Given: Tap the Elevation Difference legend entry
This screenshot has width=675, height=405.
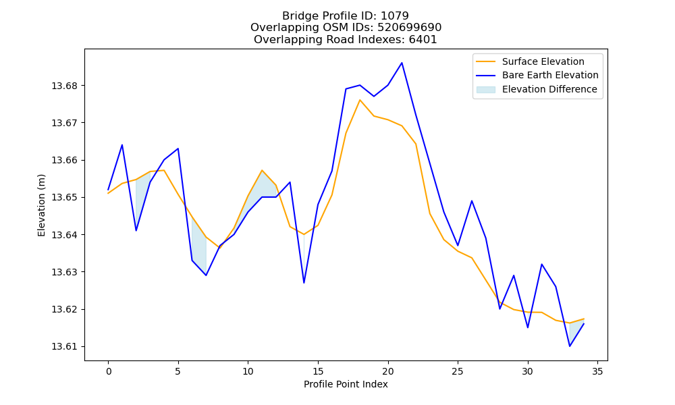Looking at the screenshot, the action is tap(537, 89).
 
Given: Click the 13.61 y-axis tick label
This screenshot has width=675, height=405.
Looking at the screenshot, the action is tap(65, 346).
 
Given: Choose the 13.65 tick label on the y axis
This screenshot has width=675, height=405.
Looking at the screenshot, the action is tap(65, 198).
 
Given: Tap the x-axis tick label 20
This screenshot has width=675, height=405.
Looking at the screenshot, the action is tap(388, 371).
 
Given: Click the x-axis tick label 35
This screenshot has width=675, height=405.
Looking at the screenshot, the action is tap(597, 371).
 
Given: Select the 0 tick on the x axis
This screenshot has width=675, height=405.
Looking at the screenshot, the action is tap(109, 371).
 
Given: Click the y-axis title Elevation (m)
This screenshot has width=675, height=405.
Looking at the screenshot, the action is tap(41, 205).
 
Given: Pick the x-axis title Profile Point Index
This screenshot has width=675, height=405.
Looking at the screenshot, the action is tap(346, 384).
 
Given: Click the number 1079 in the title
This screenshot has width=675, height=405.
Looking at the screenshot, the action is tap(395, 16).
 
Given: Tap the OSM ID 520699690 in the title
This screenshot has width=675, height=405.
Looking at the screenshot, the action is tap(410, 28).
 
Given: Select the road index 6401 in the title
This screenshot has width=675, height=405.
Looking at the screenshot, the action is tap(423, 40).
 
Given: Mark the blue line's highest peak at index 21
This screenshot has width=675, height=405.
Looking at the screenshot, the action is tap(402, 63).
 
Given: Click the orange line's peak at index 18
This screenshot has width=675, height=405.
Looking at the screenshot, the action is tap(360, 100).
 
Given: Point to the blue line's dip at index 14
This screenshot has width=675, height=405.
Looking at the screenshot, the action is tap(304, 283).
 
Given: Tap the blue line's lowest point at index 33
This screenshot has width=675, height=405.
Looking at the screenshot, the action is tap(570, 346).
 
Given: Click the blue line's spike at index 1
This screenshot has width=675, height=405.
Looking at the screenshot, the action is tap(122, 145).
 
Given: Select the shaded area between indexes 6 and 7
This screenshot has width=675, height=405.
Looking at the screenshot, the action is tap(199, 248).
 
